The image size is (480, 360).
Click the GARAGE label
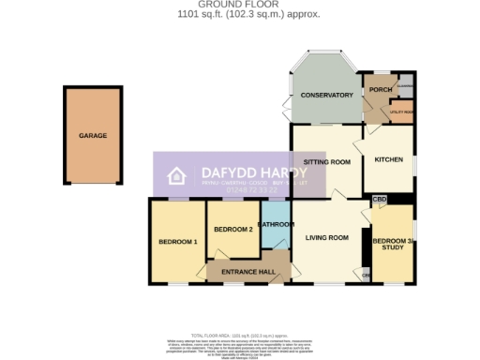point(93,136)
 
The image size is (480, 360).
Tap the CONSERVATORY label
point(326,96)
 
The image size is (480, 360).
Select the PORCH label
point(380,90)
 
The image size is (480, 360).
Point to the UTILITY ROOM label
point(402,112)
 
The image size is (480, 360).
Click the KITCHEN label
point(388,159)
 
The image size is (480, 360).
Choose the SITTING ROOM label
point(326,162)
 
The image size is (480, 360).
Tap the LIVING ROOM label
point(325,238)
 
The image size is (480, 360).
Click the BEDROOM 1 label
point(177,242)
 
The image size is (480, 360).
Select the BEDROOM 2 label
point(233,230)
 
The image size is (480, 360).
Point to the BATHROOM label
point(277,225)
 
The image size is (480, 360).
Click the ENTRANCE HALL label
point(247,272)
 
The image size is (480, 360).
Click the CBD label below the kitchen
point(379,200)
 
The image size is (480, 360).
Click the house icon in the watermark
point(175,176)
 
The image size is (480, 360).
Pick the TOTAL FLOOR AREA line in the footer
point(240,335)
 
